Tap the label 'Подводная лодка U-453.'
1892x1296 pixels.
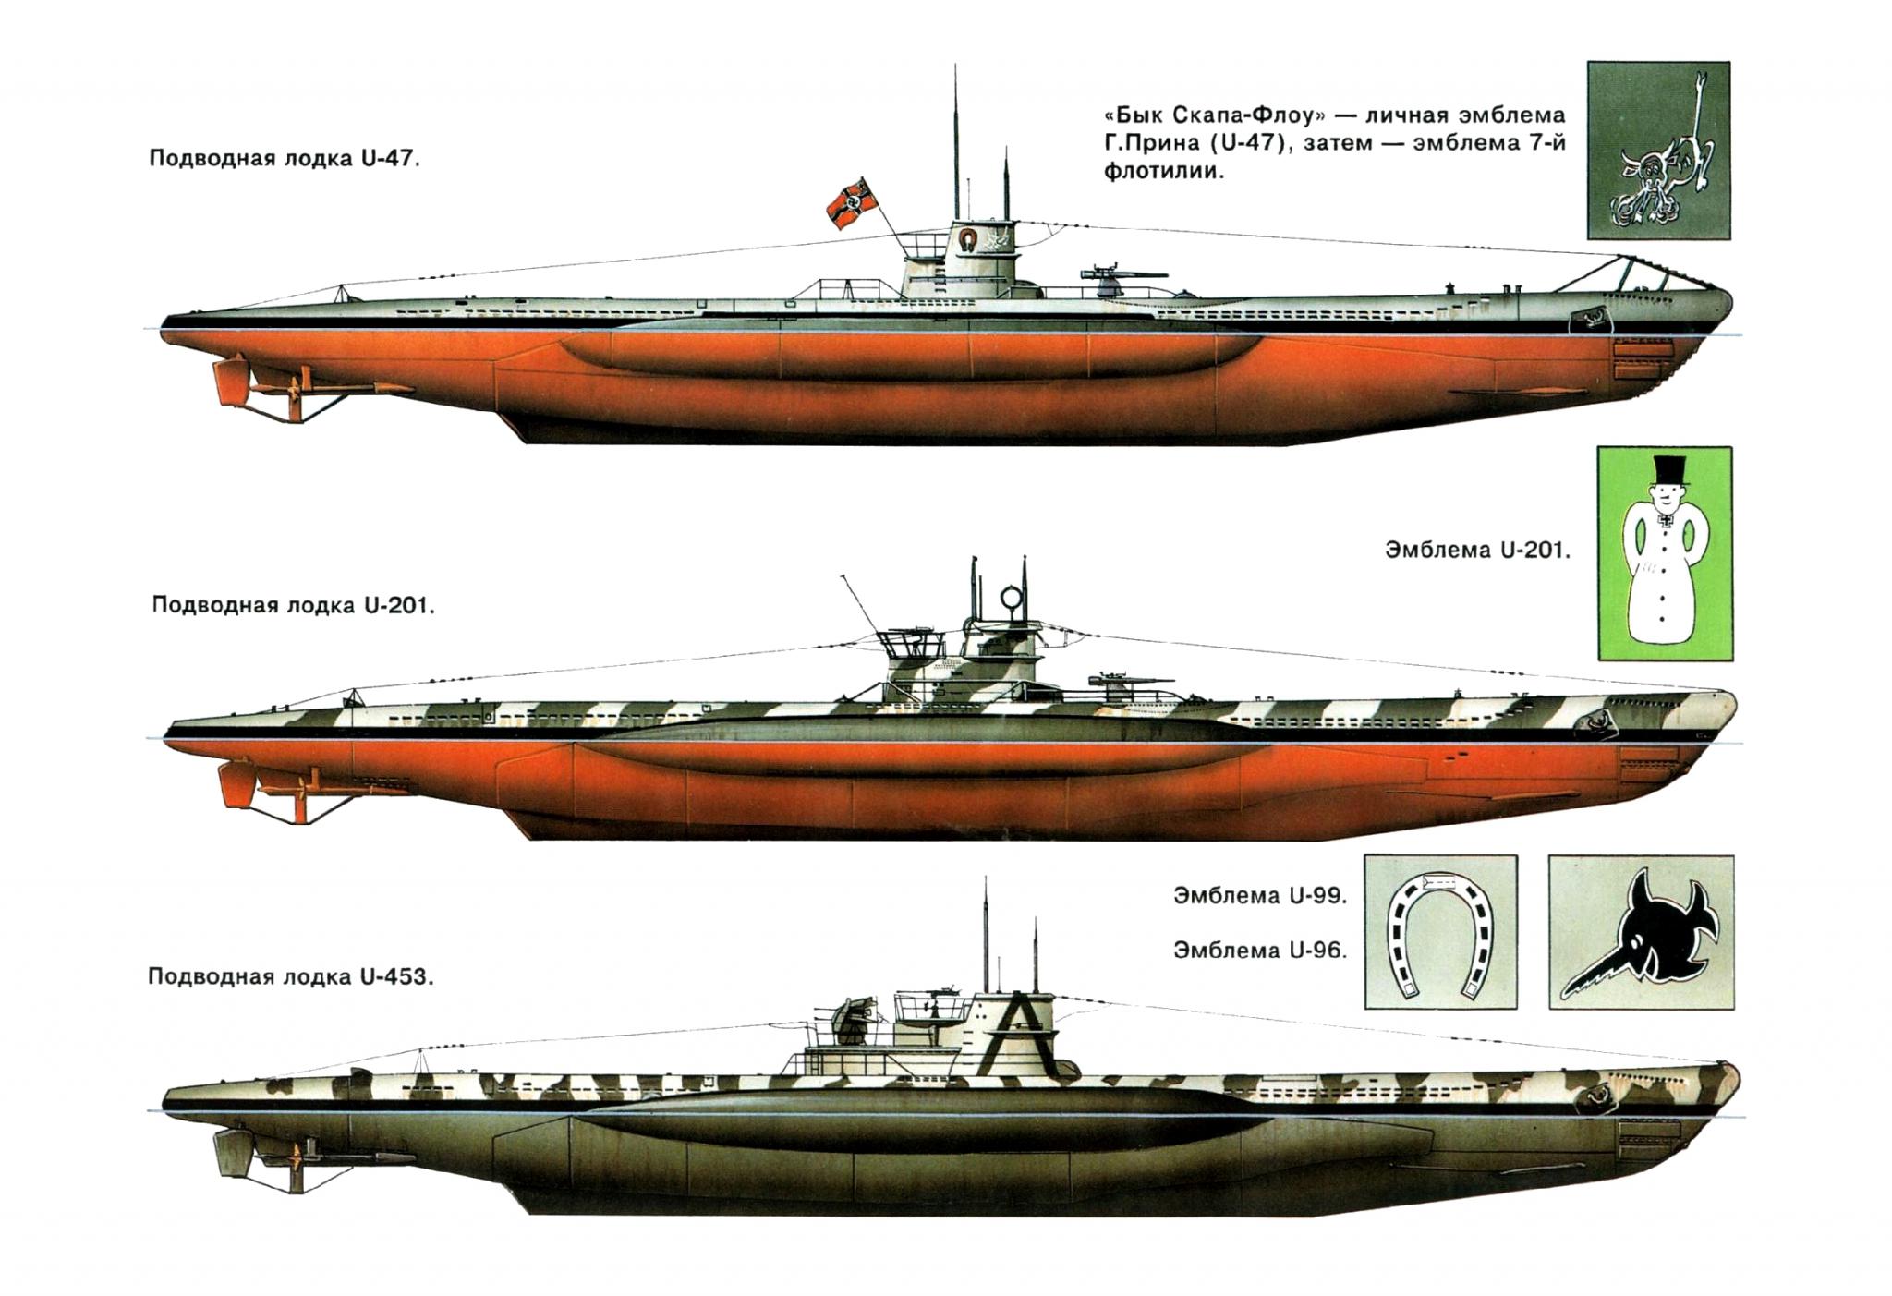[290, 977]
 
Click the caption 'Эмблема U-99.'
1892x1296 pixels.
[1261, 896]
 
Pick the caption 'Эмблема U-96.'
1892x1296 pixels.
[1261, 950]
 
